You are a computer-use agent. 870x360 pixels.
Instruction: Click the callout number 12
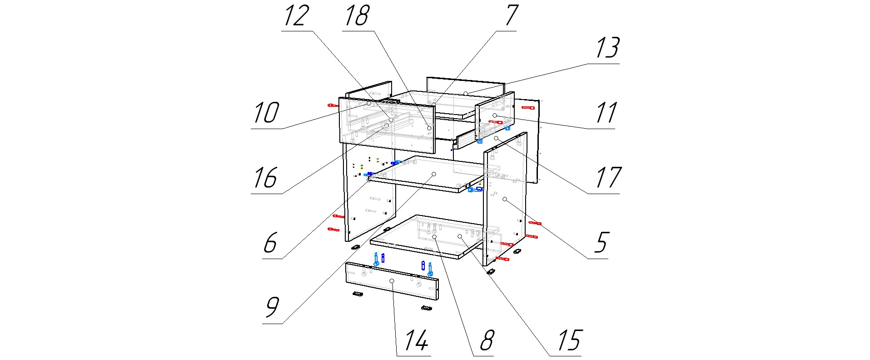coord(297,16)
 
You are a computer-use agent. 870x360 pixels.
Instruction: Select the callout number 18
coord(357,16)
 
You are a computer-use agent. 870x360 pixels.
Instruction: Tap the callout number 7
coord(511,16)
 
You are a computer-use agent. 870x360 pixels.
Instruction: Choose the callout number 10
coord(266,113)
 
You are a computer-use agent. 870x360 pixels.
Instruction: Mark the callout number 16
coord(266,178)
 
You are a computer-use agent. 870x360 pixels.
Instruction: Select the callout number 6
coord(271,243)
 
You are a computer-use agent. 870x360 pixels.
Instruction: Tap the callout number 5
coord(601,243)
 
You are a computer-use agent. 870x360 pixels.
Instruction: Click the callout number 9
coord(272,308)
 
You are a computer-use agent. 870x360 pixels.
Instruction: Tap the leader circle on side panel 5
coord(505,199)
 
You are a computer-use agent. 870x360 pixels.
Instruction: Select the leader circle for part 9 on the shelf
coord(434,174)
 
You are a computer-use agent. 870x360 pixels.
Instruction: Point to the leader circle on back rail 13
coord(466,94)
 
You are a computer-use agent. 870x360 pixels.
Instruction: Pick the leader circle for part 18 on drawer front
coord(429,128)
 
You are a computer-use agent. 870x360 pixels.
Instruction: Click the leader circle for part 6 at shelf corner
coord(369,180)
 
